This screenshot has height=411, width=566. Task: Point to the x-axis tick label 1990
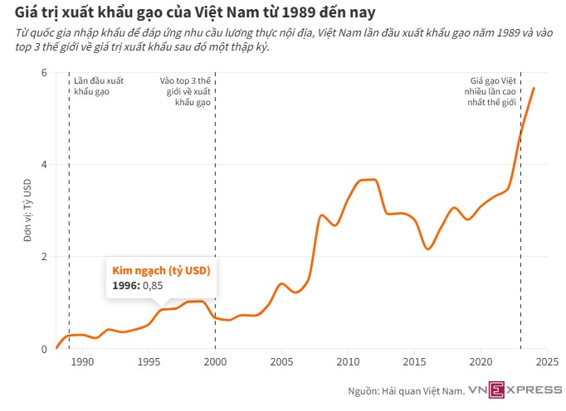click(x=82, y=361)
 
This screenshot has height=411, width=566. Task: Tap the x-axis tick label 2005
click(x=281, y=361)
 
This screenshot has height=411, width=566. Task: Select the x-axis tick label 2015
click(x=414, y=361)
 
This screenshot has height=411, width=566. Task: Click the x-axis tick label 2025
click(x=547, y=361)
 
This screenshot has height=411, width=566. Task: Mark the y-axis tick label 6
click(x=44, y=72)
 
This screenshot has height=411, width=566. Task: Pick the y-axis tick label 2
click(x=44, y=257)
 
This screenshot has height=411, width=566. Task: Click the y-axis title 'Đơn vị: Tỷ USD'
click(x=27, y=210)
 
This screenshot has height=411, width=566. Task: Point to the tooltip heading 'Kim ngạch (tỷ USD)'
click(x=161, y=271)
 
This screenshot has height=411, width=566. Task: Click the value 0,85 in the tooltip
click(x=153, y=286)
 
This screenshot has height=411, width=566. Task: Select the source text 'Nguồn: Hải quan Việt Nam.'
click(x=406, y=389)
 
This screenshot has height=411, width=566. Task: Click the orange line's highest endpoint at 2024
click(x=534, y=88)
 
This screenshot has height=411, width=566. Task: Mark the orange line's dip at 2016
click(x=427, y=249)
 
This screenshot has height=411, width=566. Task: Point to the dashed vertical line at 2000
click(x=215, y=207)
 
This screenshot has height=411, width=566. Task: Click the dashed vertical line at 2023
click(x=520, y=249)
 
